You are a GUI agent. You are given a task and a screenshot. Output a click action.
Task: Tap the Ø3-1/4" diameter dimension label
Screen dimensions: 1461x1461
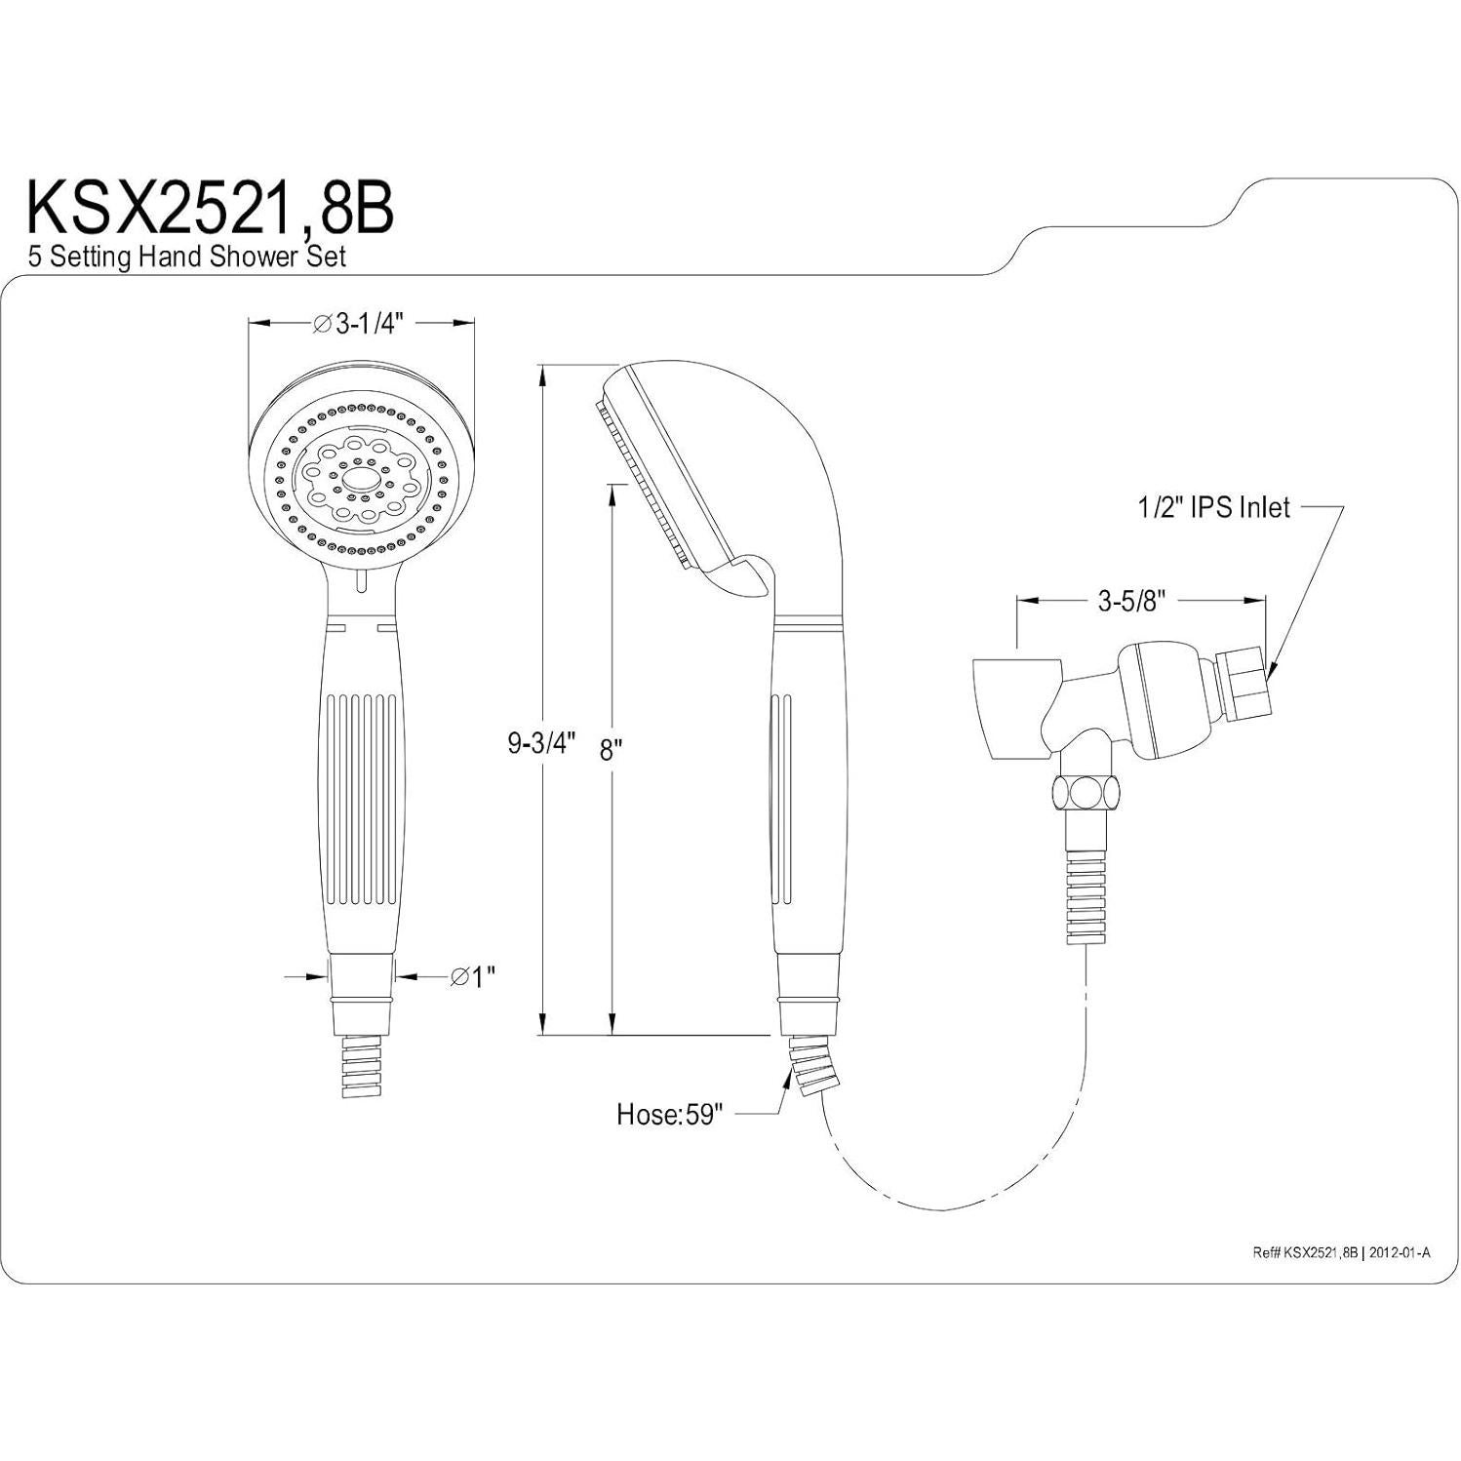coord(362,325)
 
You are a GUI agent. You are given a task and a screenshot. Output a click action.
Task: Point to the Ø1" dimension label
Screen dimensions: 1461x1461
coord(472,975)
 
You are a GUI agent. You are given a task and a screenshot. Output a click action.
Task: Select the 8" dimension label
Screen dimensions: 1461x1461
coord(611,749)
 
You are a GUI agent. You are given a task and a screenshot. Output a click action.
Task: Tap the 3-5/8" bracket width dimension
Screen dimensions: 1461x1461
coord(1131,601)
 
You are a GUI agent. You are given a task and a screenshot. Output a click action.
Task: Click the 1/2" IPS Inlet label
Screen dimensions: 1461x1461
coord(1213,507)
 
